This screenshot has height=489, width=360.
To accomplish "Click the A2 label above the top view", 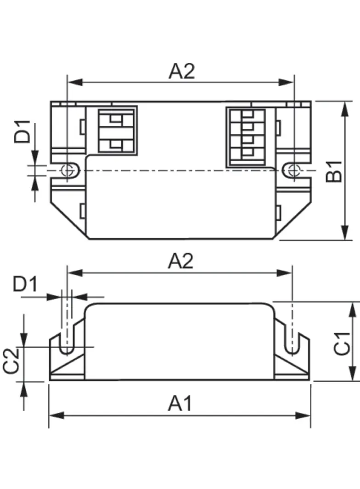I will (x=182, y=72).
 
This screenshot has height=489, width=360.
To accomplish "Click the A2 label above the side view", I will (x=181, y=261).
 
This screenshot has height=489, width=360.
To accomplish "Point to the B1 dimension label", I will (x=334, y=171).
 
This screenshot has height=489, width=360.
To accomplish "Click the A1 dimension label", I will (x=180, y=404).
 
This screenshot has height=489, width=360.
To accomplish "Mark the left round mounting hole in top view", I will (x=67, y=170).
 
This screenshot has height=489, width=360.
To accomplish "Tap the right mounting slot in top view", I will (x=292, y=170).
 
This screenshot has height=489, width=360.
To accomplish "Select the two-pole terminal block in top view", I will (x=117, y=131).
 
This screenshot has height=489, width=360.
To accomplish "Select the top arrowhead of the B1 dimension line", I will (x=344, y=108).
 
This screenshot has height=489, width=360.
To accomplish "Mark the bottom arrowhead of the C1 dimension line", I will (x=352, y=373).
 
